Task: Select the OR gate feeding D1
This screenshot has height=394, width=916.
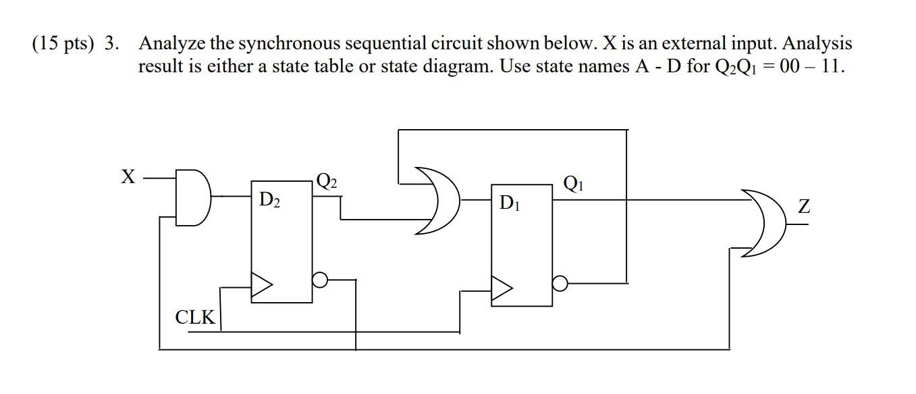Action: pyautogui.click(x=438, y=200)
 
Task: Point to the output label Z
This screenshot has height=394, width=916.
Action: pyautogui.click(x=804, y=207)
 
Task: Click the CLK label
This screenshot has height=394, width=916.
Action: pyautogui.click(x=195, y=317)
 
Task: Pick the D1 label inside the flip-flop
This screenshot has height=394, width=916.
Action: pyautogui.click(x=510, y=203)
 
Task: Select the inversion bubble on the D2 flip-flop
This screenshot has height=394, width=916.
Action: pyautogui.click(x=321, y=279)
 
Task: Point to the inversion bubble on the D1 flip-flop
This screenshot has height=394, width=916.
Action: pyautogui.click(x=560, y=282)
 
